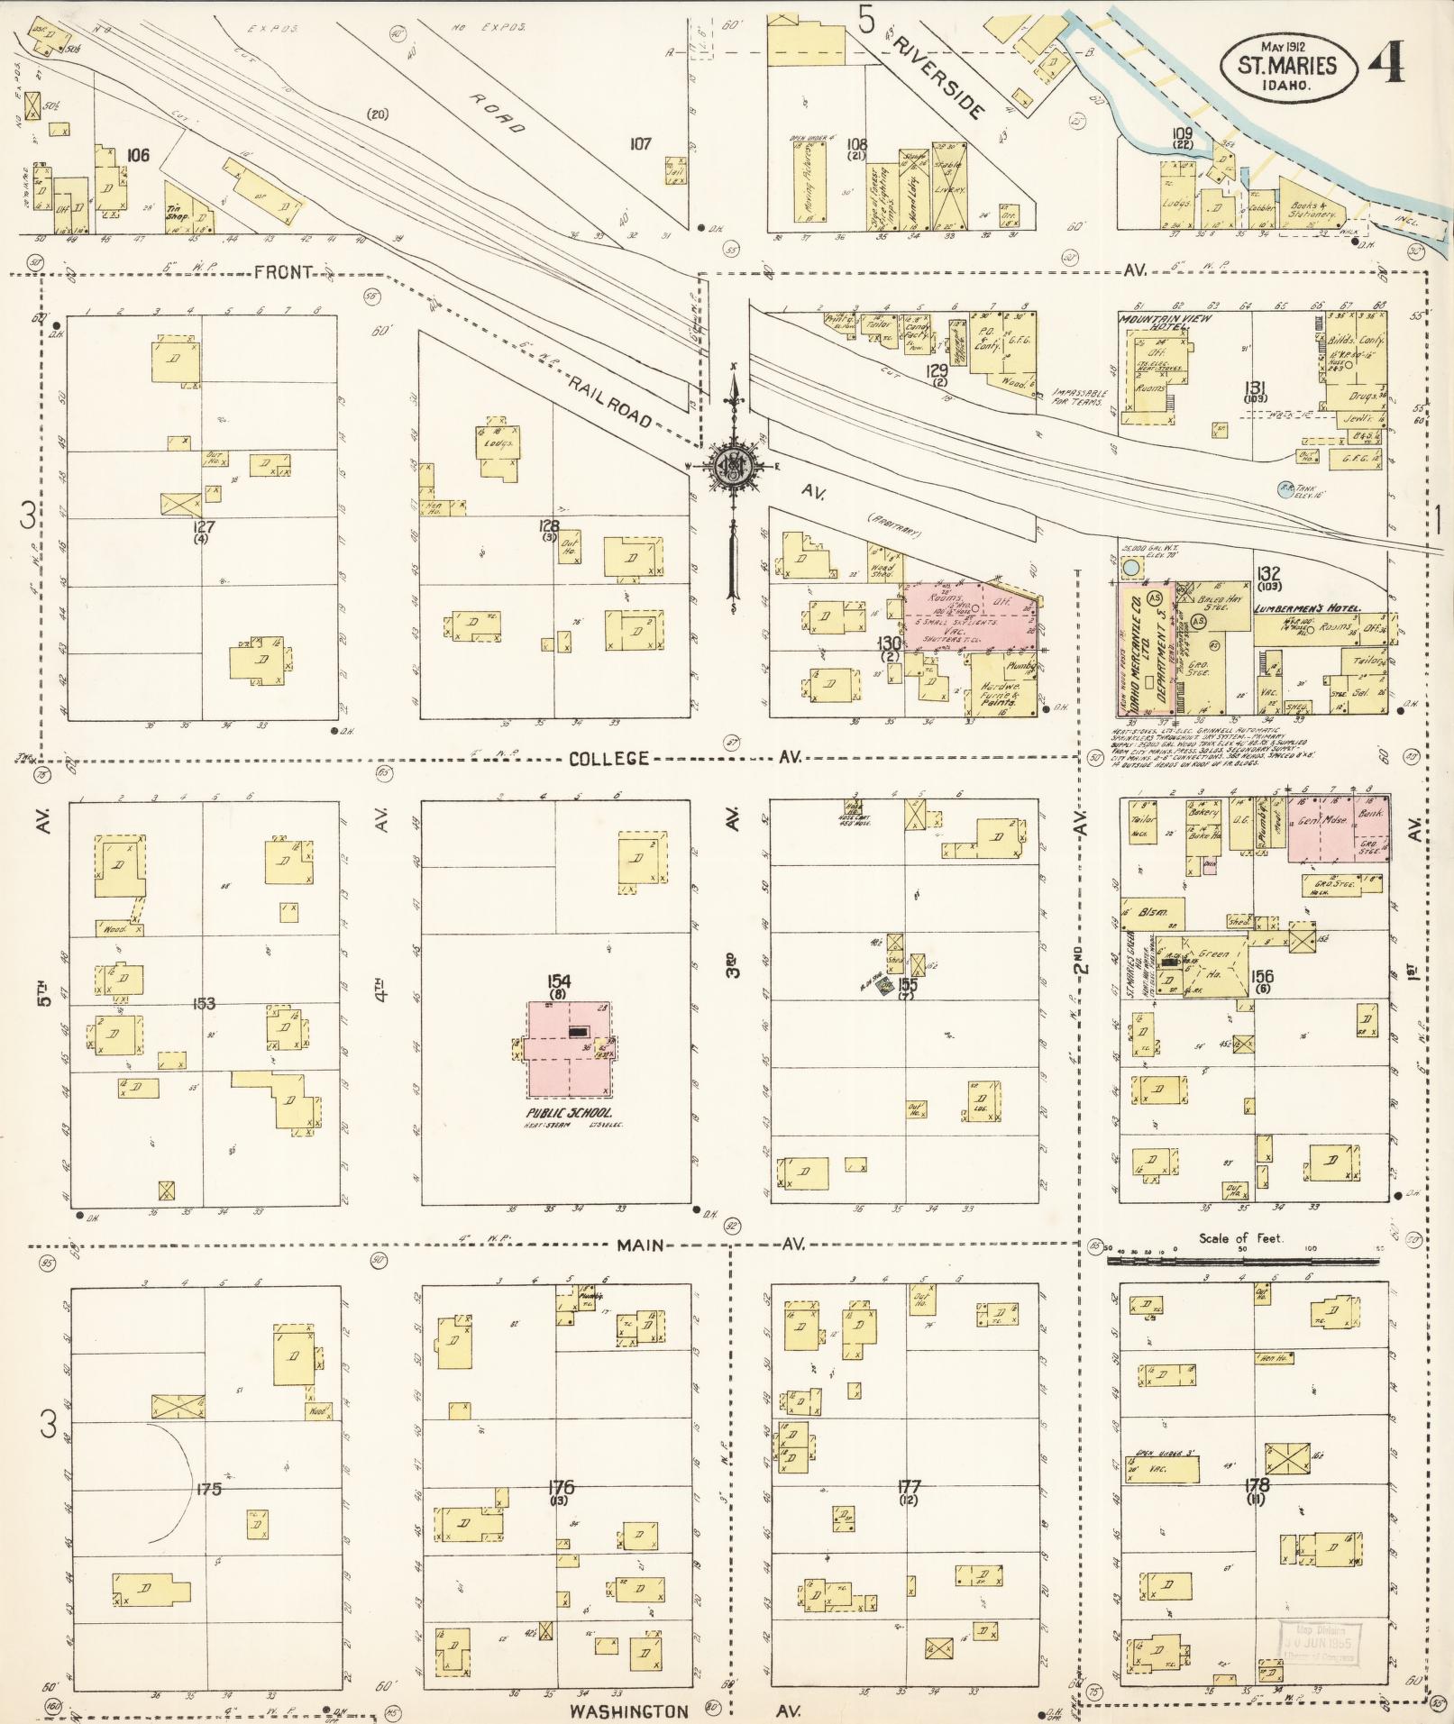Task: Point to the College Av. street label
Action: tap(608, 758)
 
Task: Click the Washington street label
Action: tap(628, 1710)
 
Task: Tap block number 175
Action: tap(208, 1489)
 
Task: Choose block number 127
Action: tap(198, 525)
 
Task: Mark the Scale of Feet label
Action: tap(1239, 1238)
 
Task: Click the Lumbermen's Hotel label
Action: tap(1306, 608)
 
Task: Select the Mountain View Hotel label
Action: tap(1164, 323)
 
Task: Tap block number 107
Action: tap(640, 142)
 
